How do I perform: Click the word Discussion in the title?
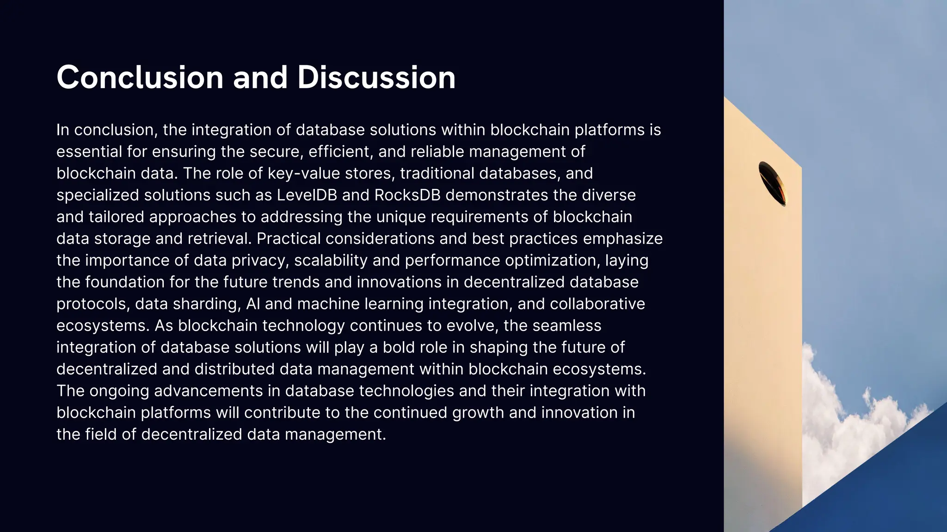(376, 77)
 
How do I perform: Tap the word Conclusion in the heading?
(140, 77)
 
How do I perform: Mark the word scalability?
(331, 260)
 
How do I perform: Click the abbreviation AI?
(252, 304)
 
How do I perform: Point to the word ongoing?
(119, 391)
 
